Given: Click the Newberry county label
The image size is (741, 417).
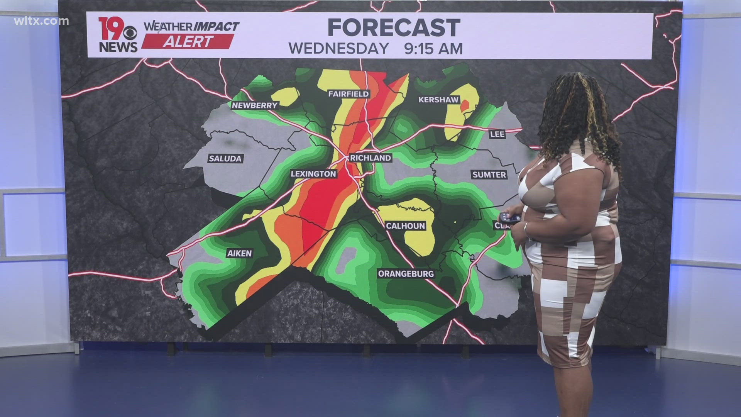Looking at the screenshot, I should coord(255,105).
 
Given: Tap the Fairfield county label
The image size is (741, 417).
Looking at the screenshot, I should coord(349,94).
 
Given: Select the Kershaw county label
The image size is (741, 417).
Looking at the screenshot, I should coord(438,100).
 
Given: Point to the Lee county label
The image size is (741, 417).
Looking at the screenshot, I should coord(497,134).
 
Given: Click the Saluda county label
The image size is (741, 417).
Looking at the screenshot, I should coord(225,158).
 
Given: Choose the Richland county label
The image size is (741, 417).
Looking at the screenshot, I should coord(370,158).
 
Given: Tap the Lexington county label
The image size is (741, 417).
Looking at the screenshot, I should coord(313,174).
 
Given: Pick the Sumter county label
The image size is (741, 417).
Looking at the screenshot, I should coord(489,175).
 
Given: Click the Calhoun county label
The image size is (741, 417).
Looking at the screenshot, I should coord(405,225).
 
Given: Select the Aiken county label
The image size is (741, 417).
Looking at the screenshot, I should coord(239,253).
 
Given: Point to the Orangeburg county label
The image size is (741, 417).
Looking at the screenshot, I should coord(406,274).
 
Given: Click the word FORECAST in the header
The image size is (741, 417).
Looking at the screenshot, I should coord(394,28).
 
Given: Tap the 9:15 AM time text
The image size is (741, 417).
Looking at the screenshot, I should coord(433,49).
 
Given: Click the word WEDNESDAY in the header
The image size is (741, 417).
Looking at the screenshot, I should coord(339,49).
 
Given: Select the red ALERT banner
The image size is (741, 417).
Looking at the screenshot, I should coord(188,41).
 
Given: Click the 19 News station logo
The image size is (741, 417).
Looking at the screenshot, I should coord(117,35).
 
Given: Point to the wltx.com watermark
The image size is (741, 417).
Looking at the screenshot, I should coord(41,21).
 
